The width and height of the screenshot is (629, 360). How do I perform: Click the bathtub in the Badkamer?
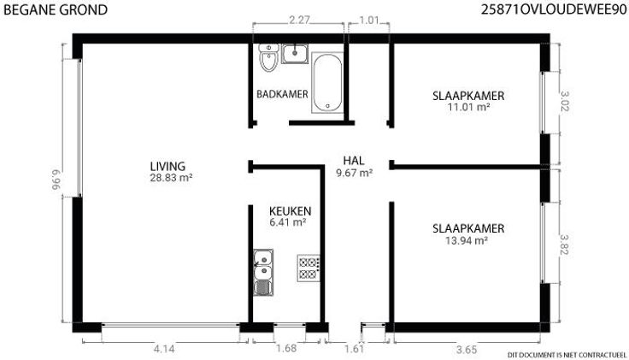pos(327,82)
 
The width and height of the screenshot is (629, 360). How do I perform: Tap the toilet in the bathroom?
pos(268,58)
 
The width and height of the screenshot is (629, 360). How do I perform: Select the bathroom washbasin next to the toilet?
pos(295,53)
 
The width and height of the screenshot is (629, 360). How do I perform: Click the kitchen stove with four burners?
pos(309,269)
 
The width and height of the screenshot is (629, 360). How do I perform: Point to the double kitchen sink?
pos(263,273)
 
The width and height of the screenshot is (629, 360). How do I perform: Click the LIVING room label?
pos(168,166)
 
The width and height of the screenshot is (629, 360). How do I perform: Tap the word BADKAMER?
pos(282,94)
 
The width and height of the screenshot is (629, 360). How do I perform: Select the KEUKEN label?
pos(290,211)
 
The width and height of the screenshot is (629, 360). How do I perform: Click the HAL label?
pos(354,161)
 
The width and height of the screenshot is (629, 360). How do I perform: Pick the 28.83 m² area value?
pos(171,178)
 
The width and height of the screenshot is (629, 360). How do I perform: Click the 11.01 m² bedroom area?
pos(468,107)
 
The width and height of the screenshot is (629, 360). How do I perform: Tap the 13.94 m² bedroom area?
pos(467,240)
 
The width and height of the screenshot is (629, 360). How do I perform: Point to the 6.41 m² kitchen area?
pos(288,222)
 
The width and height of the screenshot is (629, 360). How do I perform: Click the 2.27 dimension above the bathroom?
pos(299,20)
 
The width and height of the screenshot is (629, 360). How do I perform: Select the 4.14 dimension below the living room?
pos(164,349)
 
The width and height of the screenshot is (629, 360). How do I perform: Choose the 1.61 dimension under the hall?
pos(354,349)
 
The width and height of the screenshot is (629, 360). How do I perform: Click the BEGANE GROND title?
pos(56,9)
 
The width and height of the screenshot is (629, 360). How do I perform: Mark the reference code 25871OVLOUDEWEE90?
pos(554,9)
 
